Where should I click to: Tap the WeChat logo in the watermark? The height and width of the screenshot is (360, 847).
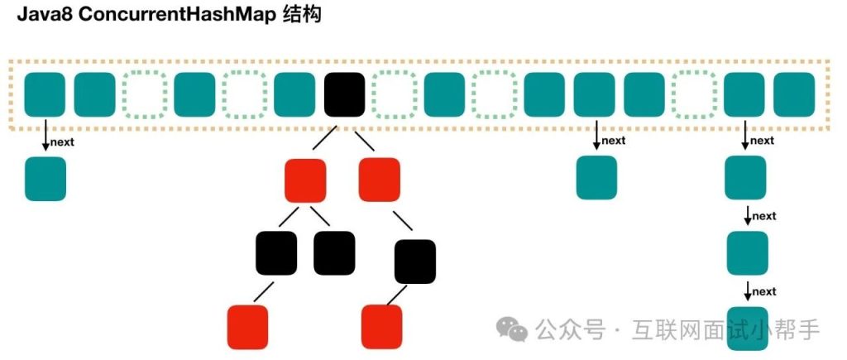[511, 330]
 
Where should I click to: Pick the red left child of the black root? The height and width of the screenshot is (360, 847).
[304, 180]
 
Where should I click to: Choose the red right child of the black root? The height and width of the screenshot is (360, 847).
[380, 180]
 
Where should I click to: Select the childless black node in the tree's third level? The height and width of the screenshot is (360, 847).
[334, 252]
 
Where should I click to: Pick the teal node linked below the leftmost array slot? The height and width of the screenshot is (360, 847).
[45, 179]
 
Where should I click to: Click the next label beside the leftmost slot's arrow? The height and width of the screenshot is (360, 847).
[63, 142]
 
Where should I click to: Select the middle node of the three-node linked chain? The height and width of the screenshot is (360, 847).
[747, 253]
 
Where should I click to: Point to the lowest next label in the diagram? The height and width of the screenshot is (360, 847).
[764, 291]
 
